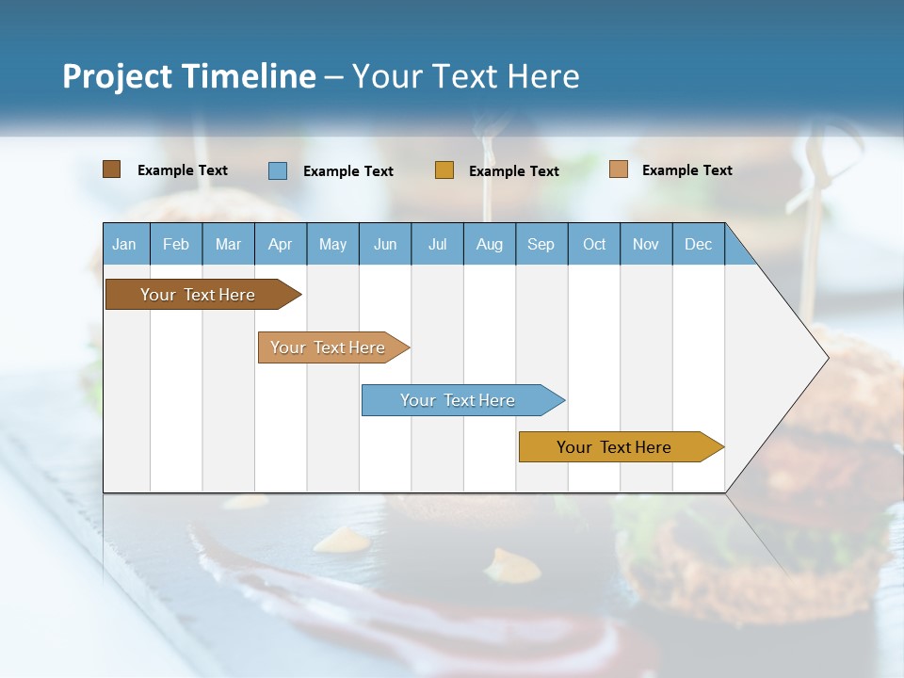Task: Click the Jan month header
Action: pos(125,244)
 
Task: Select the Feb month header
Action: pos(176,244)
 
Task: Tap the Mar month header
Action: pos(228,244)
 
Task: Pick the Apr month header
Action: pos(281,244)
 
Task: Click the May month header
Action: pos(332,244)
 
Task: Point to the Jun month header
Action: pos(385,244)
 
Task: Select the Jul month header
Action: pos(437,244)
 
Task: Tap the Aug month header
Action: pos(490,244)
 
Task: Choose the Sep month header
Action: pos(541,244)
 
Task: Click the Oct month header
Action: pos(594,244)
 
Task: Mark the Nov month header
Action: pos(646,244)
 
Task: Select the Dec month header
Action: pos(699,244)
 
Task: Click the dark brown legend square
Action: pos(112,169)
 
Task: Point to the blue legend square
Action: pos(278,170)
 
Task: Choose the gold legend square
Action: pos(444,170)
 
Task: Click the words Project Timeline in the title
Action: pos(189,76)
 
